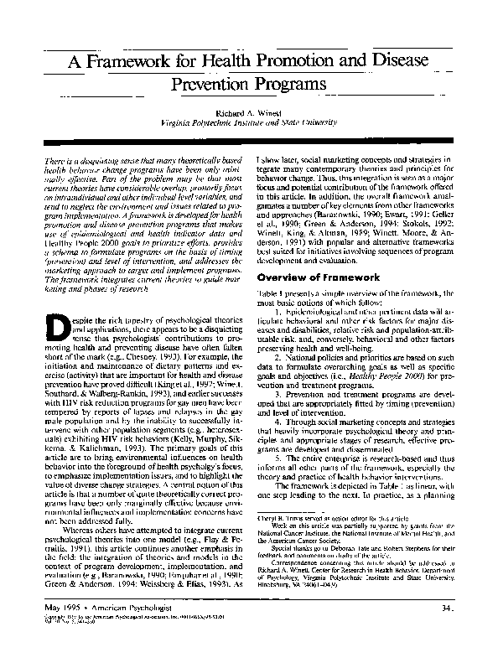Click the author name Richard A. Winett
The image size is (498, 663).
pyautogui.click(x=248, y=111)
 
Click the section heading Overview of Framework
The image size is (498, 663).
pyautogui.click(x=318, y=277)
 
